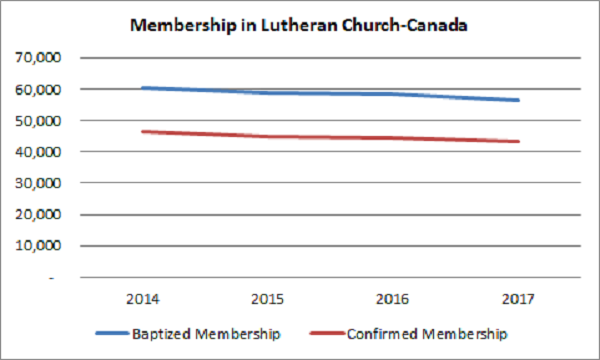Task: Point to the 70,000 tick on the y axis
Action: [40, 58]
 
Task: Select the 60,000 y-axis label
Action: [40, 89]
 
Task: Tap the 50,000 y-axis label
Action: [40, 120]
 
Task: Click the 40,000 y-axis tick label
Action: [40, 152]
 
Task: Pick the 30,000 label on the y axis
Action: [40, 183]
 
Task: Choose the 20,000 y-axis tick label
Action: [40, 214]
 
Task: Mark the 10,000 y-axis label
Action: [40, 245]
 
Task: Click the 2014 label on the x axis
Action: [144, 298]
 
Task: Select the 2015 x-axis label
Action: [269, 298]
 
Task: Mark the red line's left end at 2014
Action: [144, 131]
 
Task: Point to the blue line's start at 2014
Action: [144, 88]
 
